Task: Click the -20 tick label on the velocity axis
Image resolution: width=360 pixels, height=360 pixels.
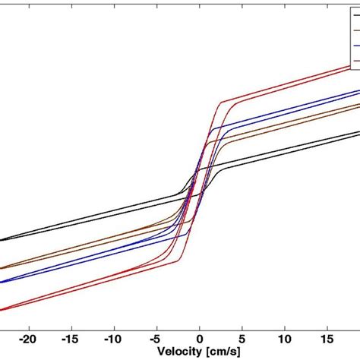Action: pos(28,337)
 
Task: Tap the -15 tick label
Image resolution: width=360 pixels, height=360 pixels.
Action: pos(71,337)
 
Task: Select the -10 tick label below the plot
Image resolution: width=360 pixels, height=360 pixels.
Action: pos(113,337)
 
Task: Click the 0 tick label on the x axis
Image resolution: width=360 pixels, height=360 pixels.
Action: pos(200,337)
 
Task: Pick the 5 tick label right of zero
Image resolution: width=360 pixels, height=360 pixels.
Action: pos(242,337)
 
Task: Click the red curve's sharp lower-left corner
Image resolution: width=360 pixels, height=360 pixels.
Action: pos(178,264)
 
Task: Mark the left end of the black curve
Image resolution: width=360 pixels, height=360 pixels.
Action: pos(2,240)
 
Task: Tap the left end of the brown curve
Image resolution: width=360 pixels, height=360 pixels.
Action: pos(2,267)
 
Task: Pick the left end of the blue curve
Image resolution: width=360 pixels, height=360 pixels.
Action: pos(2,282)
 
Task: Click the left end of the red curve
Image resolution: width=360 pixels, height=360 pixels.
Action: pos(2,310)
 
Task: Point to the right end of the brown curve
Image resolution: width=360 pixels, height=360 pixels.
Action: pos(358,105)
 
